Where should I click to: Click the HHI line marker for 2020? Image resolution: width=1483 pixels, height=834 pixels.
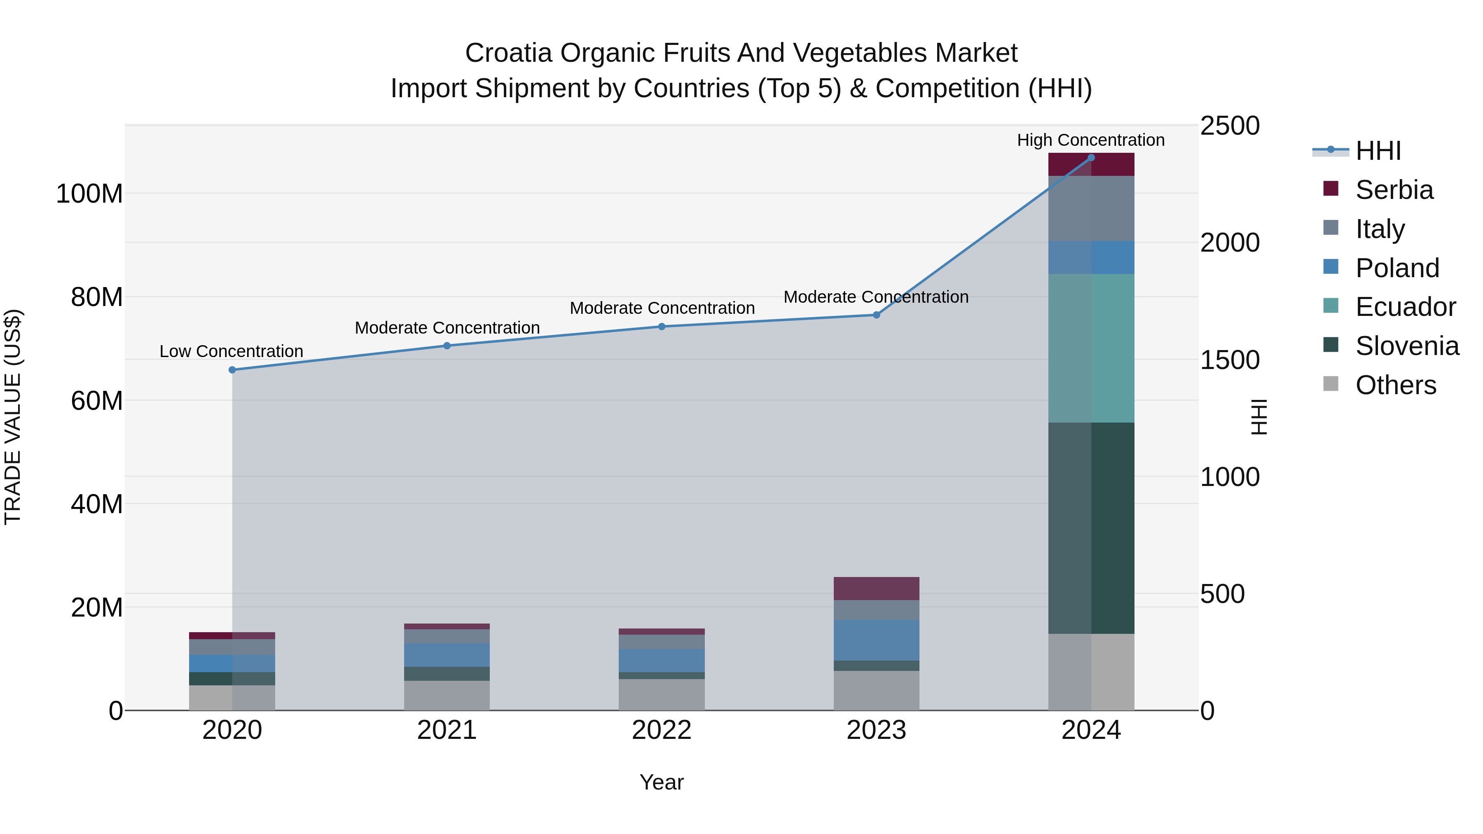(232, 369)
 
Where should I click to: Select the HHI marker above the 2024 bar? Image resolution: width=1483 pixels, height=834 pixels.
(1091, 157)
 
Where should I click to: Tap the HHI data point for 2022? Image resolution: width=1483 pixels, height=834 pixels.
(662, 326)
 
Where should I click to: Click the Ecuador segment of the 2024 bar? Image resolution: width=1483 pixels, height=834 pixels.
(1091, 348)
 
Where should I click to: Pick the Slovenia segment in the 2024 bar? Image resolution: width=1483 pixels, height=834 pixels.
(1091, 528)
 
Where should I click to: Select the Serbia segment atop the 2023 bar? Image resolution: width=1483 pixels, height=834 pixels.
(876, 588)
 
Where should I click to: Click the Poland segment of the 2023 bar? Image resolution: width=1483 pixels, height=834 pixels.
(876, 640)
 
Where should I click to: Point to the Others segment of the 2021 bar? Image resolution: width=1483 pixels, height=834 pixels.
(447, 695)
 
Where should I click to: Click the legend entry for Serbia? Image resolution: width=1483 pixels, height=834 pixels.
(1394, 190)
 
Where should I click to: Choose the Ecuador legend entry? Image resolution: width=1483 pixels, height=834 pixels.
(1405, 307)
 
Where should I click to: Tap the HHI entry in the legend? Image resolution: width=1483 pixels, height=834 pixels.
(1378, 151)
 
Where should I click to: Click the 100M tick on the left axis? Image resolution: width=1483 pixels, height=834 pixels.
(89, 194)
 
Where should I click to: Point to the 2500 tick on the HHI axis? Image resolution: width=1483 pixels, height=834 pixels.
(1230, 126)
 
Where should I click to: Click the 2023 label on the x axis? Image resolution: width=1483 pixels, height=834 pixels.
(876, 730)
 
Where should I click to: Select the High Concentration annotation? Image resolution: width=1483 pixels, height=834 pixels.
(1090, 140)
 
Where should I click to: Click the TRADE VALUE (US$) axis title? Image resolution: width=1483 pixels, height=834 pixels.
(13, 417)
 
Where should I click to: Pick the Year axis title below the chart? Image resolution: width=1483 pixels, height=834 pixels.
(662, 782)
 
